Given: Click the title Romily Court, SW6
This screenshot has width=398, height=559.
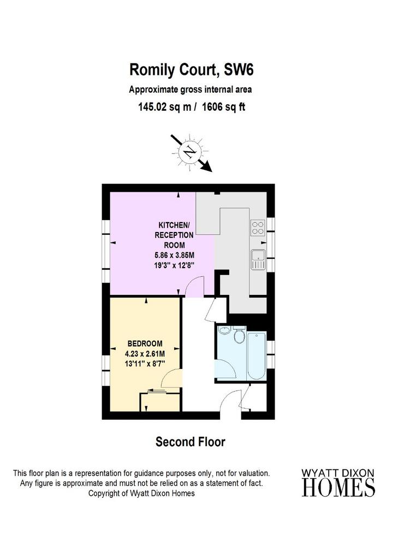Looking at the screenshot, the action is point(191,69).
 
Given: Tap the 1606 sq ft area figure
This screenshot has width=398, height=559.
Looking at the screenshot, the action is point(224,106).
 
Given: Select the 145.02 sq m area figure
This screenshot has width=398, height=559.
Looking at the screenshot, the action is point(165,106).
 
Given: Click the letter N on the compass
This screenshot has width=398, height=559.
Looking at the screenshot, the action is point(190,153).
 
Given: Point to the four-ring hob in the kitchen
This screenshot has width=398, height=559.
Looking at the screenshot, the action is point(258,228).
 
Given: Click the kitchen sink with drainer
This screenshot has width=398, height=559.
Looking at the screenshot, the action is point(258,259).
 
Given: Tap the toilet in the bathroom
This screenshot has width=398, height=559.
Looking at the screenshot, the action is point(239,334).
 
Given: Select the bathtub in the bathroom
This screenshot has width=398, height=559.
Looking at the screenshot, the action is point(256,356).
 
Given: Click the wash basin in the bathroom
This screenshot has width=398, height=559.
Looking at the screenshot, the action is point(224,330).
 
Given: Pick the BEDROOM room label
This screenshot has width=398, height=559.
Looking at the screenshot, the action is point(145,344).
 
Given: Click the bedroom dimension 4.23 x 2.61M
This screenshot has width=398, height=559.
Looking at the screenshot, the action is point(145,354).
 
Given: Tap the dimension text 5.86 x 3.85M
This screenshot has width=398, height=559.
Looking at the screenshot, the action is point(174,255).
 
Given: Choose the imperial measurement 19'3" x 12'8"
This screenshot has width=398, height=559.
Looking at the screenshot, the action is point(174,266).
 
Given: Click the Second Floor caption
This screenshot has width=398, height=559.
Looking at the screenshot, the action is point(191,442).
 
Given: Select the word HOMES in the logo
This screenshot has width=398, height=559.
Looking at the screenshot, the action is point(338,487).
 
